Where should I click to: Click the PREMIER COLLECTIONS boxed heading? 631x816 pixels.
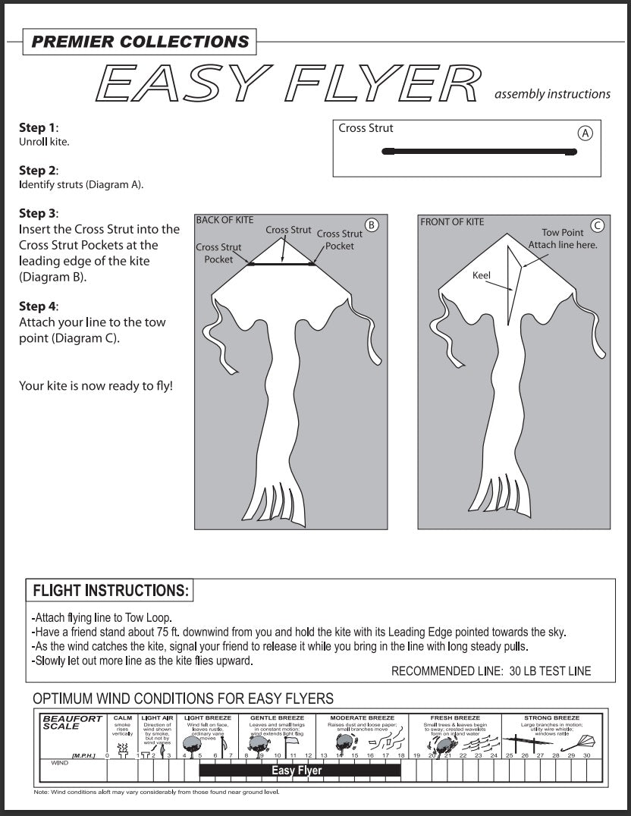pos(140,42)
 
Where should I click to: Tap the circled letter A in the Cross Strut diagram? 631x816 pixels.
pos(585,133)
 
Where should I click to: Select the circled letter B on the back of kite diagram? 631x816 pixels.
pos(371,224)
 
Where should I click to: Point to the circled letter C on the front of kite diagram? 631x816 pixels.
pos(598,224)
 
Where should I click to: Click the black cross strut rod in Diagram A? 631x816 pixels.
pos(480,152)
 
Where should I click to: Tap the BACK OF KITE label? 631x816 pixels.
pos(224,220)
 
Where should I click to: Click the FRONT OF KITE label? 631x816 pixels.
pos(452,221)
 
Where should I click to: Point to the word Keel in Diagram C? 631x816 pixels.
pos(482,275)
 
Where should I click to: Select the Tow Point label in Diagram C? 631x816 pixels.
pos(562,233)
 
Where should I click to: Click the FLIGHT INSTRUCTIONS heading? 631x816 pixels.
pos(110,590)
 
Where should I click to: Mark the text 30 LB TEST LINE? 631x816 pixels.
pos(550,671)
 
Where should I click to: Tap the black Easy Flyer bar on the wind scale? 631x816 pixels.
pos(300,770)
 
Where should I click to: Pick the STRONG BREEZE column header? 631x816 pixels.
pos(551,717)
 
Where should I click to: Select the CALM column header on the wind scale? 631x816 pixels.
pos(122,717)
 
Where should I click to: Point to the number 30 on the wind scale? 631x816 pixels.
pos(586,755)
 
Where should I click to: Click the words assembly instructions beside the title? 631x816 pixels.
pos(552,94)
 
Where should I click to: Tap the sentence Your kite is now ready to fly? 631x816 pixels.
pos(96,386)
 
